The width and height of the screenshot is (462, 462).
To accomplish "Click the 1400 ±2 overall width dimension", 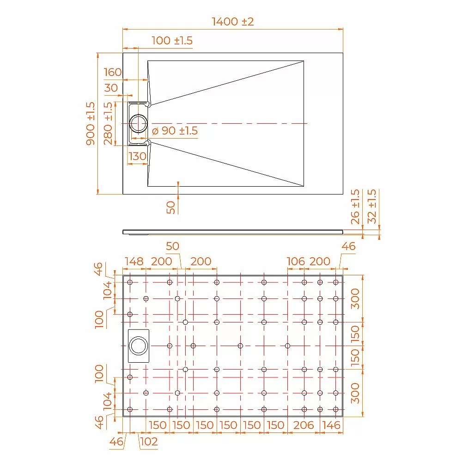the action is pos(233,22).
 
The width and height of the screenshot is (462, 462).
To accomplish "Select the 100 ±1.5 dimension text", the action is pos(172,40).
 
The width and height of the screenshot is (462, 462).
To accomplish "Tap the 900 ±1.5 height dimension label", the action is pos(91,123).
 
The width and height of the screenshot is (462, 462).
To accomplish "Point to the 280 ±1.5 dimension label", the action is pos(108,123).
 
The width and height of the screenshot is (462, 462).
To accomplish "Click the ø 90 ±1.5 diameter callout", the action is pos(175,131).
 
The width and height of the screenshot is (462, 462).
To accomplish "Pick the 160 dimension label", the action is pos(113,72).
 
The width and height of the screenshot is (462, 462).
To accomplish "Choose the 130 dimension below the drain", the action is pos(137,156).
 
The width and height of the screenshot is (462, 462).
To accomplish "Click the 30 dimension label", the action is pos(111,88).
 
